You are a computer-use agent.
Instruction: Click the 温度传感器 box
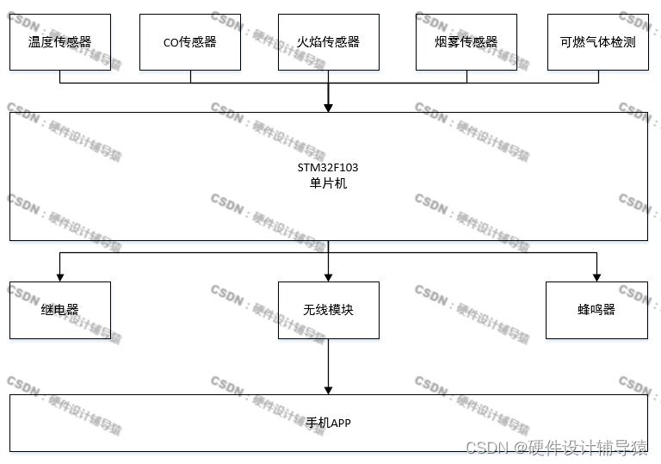(x=59, y=41)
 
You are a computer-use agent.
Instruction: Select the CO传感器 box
(x=190, y=41)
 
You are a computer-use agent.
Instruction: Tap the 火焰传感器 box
(x=328, y=41)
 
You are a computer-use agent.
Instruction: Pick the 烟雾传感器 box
(x=466, y=41)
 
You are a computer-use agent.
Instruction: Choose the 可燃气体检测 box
(x=597, y=41)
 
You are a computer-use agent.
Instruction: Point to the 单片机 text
(x=328, y=183)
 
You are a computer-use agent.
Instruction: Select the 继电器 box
(x=59, y=309)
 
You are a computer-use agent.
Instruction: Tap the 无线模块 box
(x=328, y=309)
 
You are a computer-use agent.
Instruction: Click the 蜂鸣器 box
(x=596, y=309)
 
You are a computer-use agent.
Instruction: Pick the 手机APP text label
(x=328, y=423)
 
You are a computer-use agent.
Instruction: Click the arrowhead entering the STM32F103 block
(x=328, y=108)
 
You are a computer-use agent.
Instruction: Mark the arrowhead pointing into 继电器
(x=59, y=277)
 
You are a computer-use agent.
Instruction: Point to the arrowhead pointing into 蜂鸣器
(x=596, y=277)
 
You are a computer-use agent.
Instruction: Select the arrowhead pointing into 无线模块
(x=328, y=277)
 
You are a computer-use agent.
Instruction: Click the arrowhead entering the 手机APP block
(x=328, y=389)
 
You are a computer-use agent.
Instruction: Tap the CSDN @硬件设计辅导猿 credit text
(x=556, y=447)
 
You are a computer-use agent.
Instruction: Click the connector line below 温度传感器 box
(x=59, y=77)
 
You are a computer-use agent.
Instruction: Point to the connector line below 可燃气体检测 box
(x=597, y=77)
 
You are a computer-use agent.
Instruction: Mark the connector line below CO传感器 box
(x=190, y=77)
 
